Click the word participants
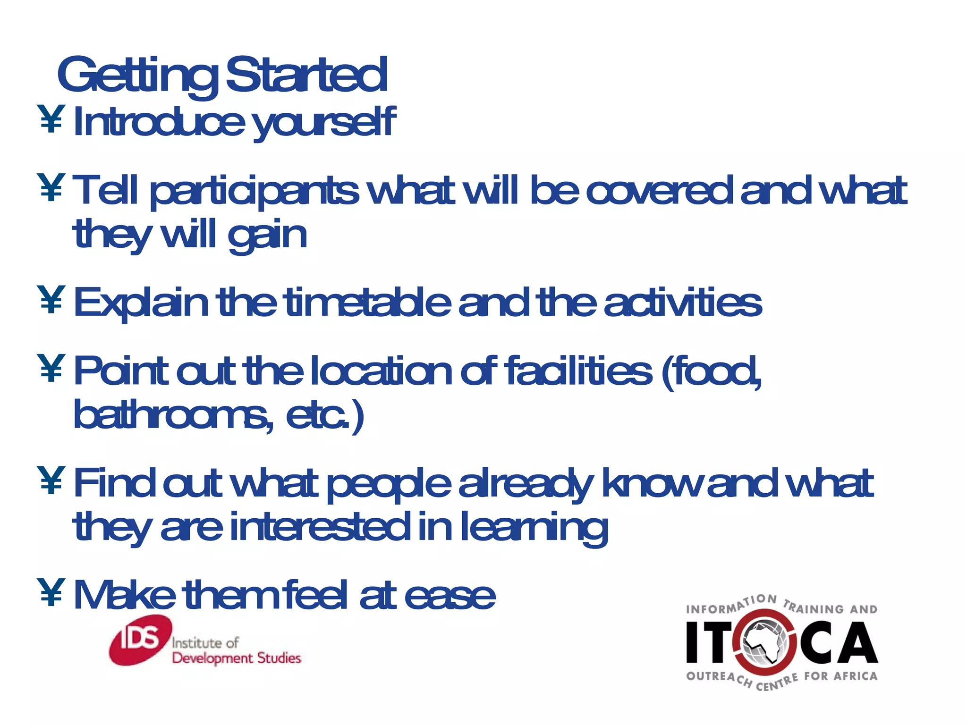pos(254,192)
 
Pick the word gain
pos(267,236)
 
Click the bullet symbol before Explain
pos(51,299)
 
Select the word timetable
pos(369,302)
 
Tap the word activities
pos(683,302)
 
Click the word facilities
pos(579,371)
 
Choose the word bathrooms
pos(173,414)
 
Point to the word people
pos(389,484)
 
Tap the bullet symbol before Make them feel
pos(51,592)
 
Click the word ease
pos(450,596)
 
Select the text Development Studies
pos(237,658)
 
